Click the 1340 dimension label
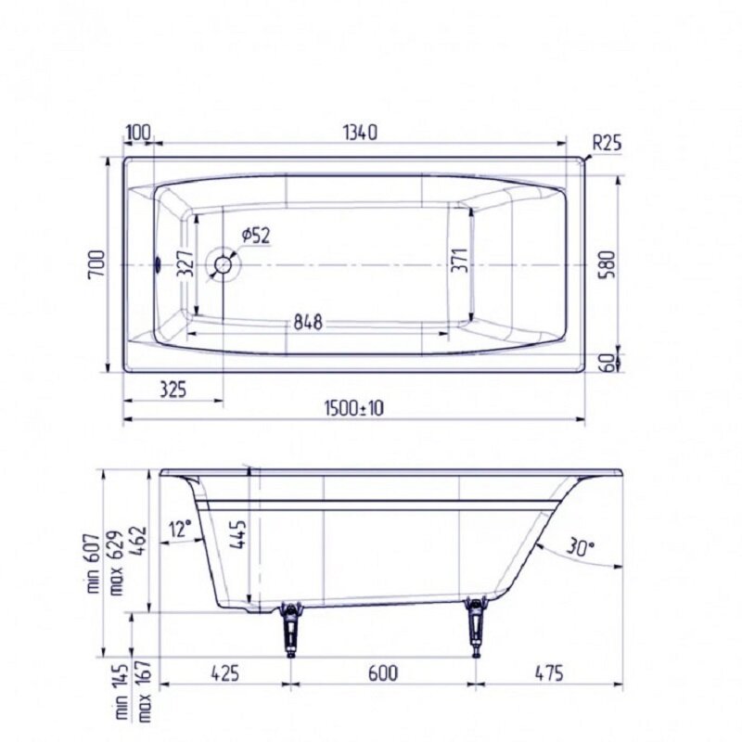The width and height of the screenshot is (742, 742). coord(360,133)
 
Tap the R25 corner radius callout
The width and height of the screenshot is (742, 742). coord(607,143)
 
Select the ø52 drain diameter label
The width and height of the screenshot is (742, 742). coord(256,236)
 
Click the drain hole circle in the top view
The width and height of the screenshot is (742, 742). coord(224,264)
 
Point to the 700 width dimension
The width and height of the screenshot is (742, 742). coord(97,264)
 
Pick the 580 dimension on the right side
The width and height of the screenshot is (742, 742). coord(608,264)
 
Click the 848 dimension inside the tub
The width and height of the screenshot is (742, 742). coord(308,322)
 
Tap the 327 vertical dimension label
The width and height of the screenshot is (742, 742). coord(186,263)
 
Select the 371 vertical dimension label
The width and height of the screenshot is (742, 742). coord(460,260)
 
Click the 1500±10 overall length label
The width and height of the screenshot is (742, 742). coord(354,408)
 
